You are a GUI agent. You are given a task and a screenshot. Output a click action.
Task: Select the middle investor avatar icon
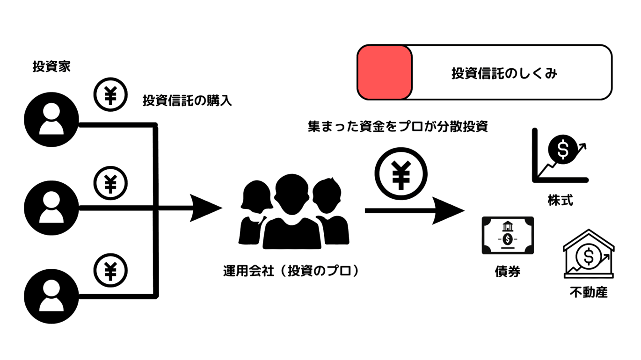[x=51, y=206]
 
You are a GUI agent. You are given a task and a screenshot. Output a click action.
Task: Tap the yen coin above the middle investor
[x=111, y=183]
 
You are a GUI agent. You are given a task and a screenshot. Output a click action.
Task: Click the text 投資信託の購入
[x=187, y=101]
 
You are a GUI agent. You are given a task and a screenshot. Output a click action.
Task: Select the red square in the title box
[x=385, y=72]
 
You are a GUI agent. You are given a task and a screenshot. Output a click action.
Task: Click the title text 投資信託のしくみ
[x=504, y=73]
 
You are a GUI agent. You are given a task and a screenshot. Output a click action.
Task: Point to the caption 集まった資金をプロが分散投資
[x=398, y=127]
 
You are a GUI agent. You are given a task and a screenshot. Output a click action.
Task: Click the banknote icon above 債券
[x=508, y=235]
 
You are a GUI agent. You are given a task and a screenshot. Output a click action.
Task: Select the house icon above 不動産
[x=588, y=254]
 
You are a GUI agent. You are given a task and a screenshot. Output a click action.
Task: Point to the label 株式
[x=560, y=201]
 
